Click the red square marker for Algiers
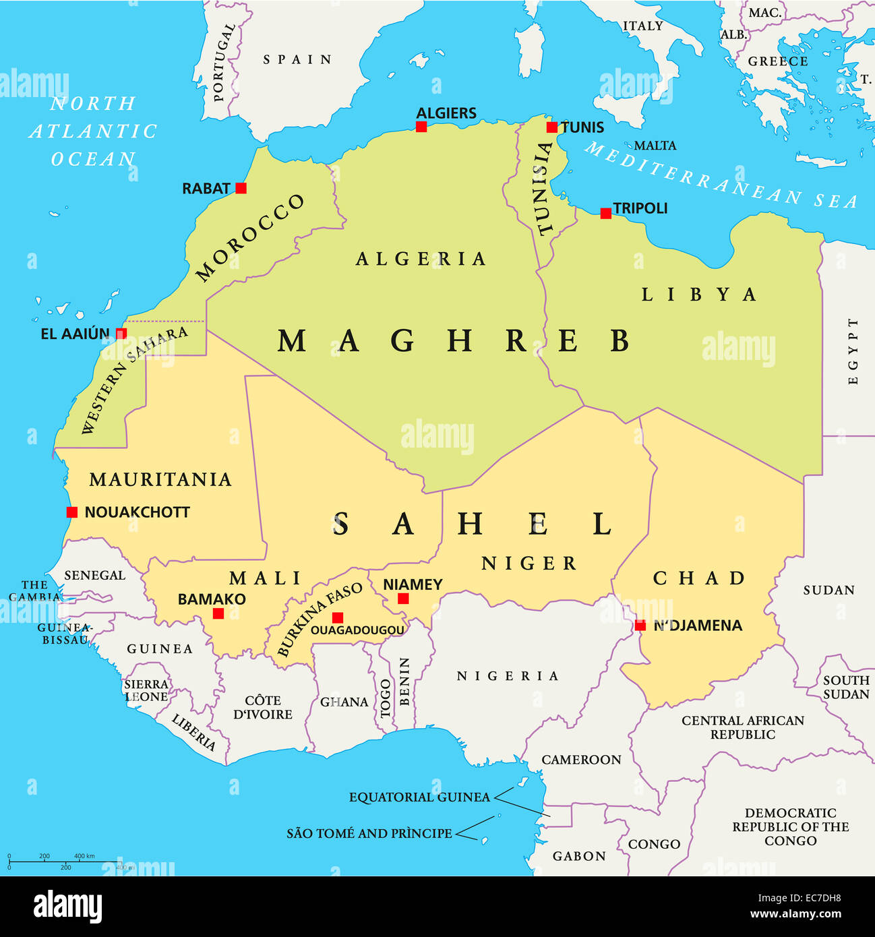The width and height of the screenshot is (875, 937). (421, 127)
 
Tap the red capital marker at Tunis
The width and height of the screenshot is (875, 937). (552, 127)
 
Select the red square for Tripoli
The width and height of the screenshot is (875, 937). (606, 214)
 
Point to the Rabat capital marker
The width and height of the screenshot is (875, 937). (241, 188)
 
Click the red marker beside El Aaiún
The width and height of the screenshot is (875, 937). (121, 334)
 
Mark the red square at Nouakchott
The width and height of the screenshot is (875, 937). (72, 512)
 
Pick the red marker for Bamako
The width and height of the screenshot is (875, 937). (218, 613)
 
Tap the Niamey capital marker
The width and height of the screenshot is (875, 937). (403, 599)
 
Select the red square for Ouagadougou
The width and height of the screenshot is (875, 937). (338, 617)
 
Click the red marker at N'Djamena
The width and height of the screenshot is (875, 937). (640, 626)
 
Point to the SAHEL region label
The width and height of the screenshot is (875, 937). (472, 524)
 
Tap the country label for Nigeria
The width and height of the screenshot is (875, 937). (508, 676)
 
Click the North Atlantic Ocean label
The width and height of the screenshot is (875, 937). (93, 131)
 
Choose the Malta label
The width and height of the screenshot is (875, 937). (655, 146)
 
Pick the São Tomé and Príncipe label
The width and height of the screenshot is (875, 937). (369, 834)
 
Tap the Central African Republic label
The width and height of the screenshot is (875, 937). (743, 727)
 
